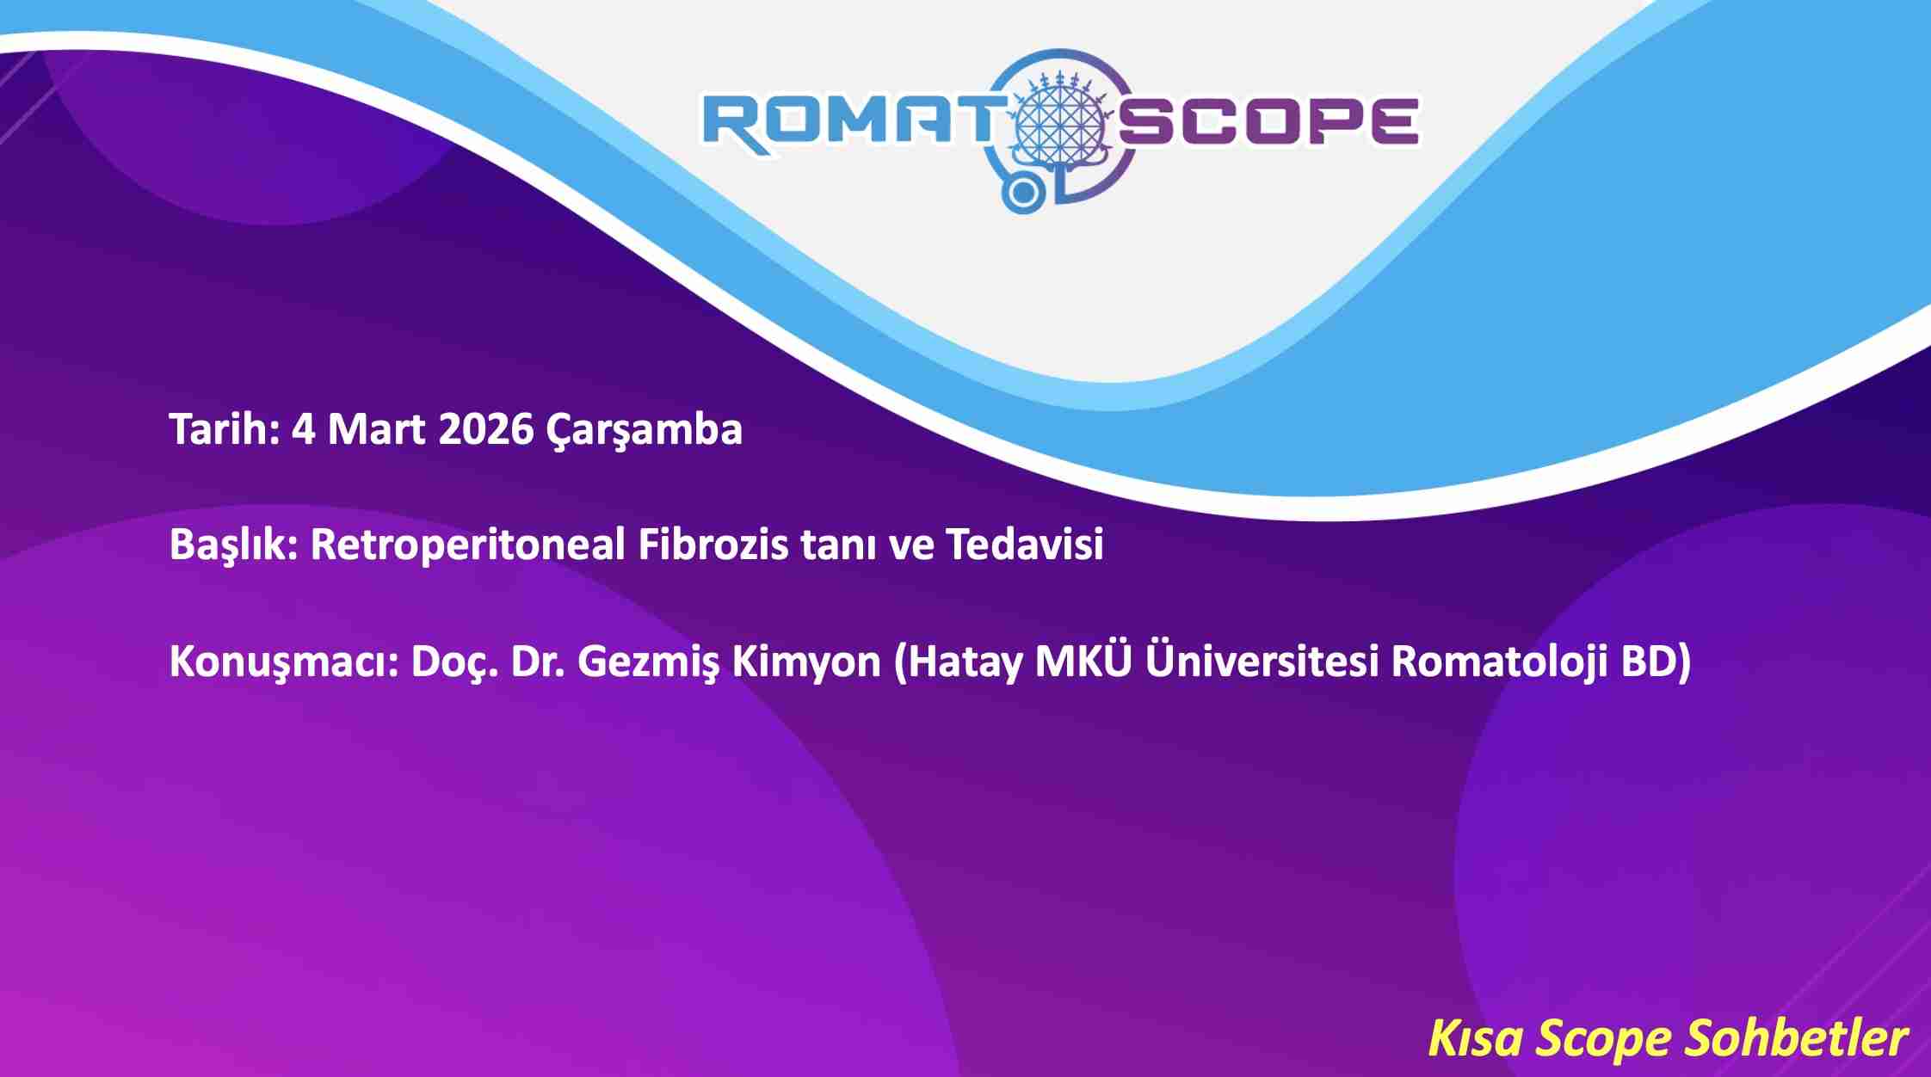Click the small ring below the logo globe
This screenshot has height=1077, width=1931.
(1021, 194)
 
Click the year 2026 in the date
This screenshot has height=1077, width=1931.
(485, 428)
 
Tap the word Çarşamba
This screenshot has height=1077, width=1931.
(644, 430)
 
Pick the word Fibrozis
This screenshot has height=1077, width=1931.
(713, 545)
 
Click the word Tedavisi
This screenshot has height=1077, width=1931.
(1024, 545)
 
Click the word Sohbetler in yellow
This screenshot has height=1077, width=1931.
(1795, 1038)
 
